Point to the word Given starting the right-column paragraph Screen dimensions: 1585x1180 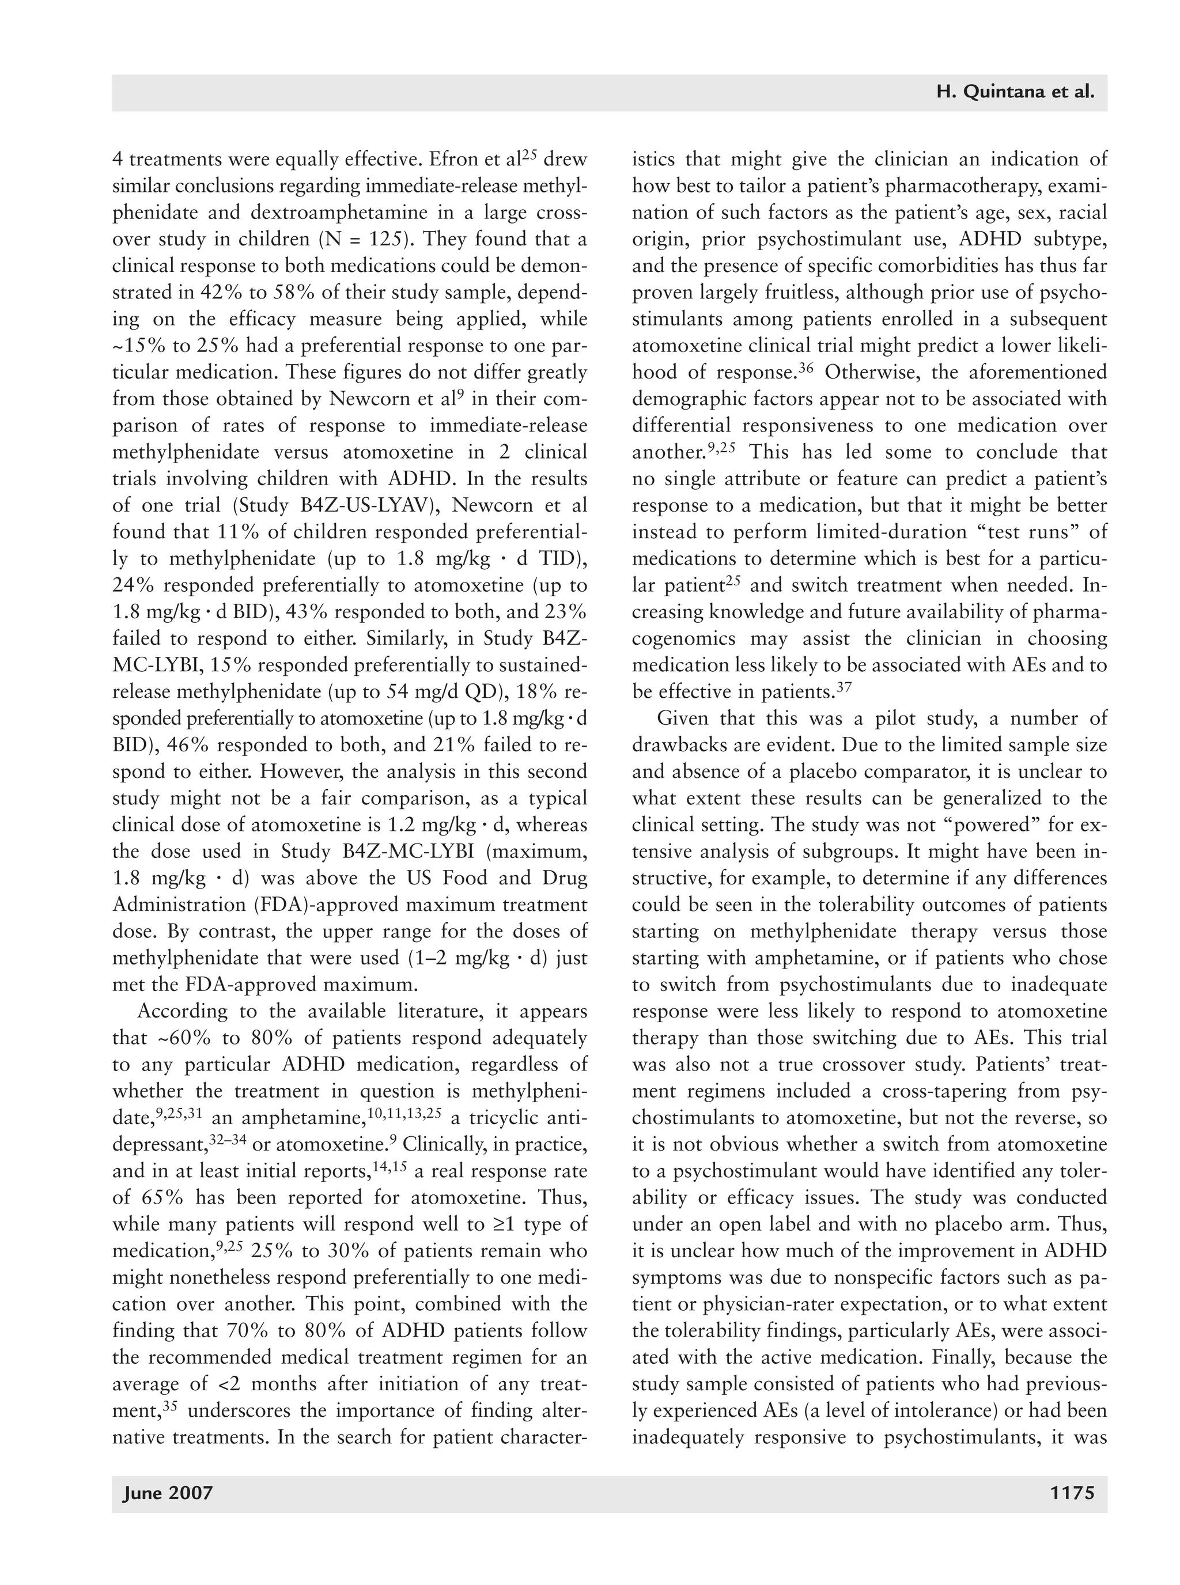click(x=682, y=718)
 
